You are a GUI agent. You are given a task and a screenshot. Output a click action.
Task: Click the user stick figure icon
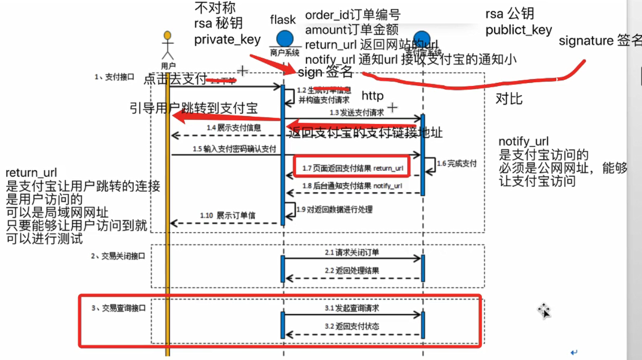point(167,47)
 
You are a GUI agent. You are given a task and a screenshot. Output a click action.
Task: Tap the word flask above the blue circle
point(283,20)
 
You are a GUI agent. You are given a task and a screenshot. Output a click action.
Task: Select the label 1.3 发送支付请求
point(357,112)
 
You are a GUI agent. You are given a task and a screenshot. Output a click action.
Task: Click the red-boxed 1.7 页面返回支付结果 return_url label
point(352,168)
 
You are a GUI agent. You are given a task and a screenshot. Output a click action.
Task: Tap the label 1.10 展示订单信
point(228,216)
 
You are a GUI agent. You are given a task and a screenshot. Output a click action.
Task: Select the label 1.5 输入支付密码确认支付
point(234,149)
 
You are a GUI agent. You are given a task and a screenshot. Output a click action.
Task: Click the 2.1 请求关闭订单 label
point(352,252)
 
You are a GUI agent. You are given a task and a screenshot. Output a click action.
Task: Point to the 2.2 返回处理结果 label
point(352,271)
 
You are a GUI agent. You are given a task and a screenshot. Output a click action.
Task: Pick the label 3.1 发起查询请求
point(352,308)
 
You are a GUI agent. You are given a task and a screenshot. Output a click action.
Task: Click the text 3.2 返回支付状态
point(352,326)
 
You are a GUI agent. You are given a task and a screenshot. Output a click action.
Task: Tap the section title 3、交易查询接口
point(119,308)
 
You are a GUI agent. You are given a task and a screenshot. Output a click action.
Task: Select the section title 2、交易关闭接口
point(118,256)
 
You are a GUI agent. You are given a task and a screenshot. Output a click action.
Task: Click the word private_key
point(228,40)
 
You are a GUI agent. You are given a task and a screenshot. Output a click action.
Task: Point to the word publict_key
point(519,30)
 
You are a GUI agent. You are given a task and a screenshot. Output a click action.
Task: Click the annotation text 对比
point(509,99)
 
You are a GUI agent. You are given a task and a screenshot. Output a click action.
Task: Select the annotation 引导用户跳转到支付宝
point(193,108)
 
